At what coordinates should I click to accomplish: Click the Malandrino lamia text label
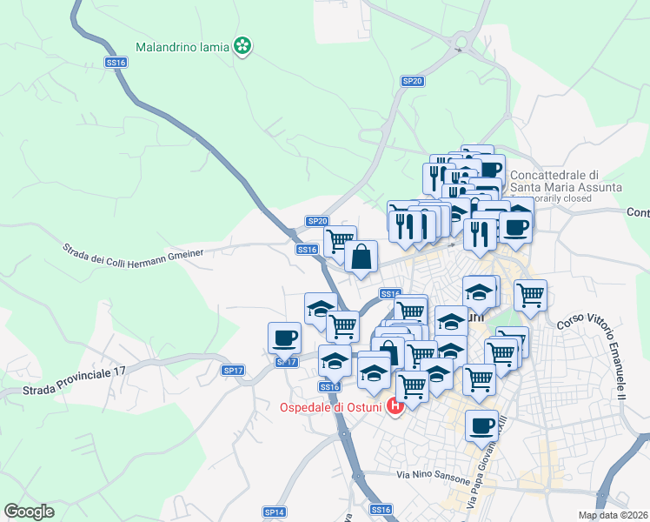[x=182, y=45]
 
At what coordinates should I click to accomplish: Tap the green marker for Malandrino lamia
[x=244, y=45]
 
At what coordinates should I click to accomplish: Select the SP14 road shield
[x=274, y=512]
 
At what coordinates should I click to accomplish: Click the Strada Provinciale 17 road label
[x=63, y=378]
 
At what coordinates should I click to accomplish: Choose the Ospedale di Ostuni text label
[x=332, y=406]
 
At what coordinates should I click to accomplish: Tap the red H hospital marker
[x=396, y=405]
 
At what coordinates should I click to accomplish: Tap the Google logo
[x=30, y=512]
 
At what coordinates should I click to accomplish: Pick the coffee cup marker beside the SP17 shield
[x=284, y=338]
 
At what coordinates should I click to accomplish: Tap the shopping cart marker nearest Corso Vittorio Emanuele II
[x=530, y=295]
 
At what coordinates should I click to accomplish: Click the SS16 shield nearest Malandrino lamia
[x=116, y=63]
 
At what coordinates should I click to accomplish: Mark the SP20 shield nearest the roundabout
[x=412, y=81]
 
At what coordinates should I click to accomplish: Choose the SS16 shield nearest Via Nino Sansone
[x=381, y=509]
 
